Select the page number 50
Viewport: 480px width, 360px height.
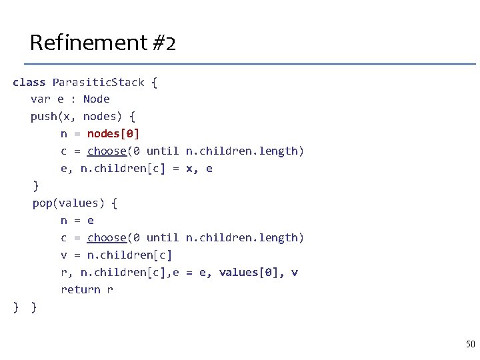coord(470,344)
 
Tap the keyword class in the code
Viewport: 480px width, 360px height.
coord(29,82)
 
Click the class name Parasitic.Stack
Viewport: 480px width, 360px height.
coord(98,82)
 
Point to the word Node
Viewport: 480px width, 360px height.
coord(97,99)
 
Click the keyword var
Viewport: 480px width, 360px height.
coord(40,99)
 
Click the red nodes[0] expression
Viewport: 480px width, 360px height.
coord(113,134)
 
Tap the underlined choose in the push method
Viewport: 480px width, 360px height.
coord(107,151)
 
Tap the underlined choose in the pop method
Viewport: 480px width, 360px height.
coord(107,238)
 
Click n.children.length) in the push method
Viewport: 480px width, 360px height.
coord(245,151)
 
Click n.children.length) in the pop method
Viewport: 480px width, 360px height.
coord(245,238)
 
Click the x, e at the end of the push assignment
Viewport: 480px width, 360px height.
coord(199,169)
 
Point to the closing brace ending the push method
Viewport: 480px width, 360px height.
coord(36,186)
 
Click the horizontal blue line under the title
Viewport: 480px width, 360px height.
coord(250,64)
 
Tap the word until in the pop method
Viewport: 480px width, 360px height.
coord(163,238)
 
